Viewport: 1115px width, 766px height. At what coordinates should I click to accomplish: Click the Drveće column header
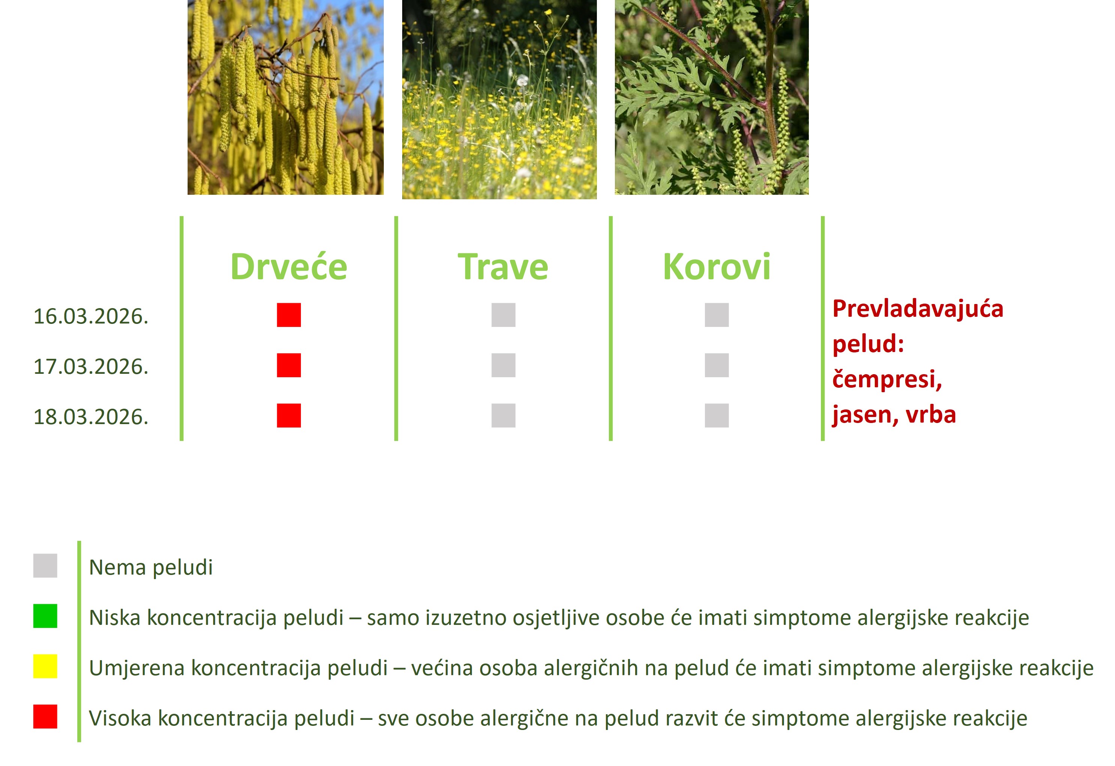pos(289,267)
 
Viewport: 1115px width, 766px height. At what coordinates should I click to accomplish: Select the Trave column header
pos(503,267)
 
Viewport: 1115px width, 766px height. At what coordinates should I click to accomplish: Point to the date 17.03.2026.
pos(91,367)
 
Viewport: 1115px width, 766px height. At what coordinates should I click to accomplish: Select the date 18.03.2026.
pos(91,417)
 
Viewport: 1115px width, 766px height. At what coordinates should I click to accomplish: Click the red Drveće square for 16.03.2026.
pos(289,315)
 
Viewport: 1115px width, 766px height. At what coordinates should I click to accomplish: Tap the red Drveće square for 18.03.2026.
pos(289,415)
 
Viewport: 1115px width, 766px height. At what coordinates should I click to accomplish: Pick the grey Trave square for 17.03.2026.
pos(503,365)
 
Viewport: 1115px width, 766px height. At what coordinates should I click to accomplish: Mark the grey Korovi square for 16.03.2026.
pos(717,315)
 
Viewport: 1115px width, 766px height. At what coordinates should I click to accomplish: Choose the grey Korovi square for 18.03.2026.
pos(717,415)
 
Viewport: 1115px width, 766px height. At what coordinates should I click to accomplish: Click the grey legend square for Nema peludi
pos(45,565)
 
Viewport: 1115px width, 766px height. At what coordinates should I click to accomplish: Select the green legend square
pos(45,616)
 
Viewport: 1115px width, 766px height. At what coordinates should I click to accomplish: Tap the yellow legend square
pos(45,666)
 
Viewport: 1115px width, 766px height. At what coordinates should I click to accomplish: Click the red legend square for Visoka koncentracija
pos(45,716)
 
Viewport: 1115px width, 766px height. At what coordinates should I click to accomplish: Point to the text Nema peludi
pos(151,567)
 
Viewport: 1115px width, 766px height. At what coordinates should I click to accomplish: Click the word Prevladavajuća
pos(918,309)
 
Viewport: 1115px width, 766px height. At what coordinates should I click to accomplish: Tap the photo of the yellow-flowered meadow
pos(499,99)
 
